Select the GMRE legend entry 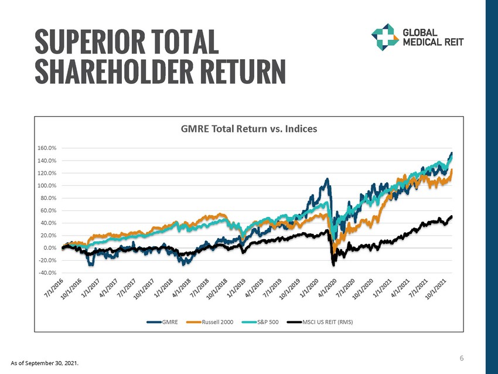coord(169,322)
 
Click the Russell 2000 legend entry coord(217,322)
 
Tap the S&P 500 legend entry coord(267,322)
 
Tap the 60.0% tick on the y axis coord(50,210)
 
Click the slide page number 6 coord(462,358)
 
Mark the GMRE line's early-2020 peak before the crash coord(326,179)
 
